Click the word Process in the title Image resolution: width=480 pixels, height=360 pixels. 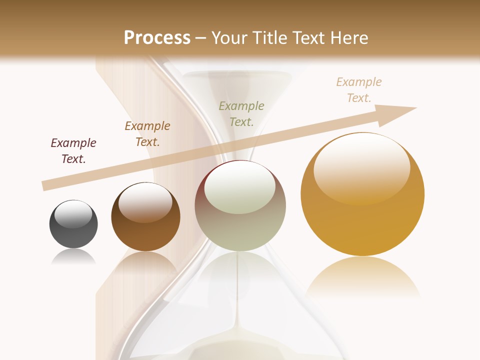click(157, 37)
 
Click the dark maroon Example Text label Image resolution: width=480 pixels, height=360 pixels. click(73, 151)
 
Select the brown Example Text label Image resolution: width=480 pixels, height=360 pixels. click(147, 133)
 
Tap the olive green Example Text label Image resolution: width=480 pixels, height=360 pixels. click(241, 113)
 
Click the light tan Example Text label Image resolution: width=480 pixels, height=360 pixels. click(359, 89)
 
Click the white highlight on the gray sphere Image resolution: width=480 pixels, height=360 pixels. click(73, 214)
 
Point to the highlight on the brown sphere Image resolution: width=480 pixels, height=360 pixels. click(145, 201)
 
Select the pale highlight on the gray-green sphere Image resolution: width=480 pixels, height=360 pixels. click(240, 187)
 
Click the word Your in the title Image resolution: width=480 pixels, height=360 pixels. click(230, 37)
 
